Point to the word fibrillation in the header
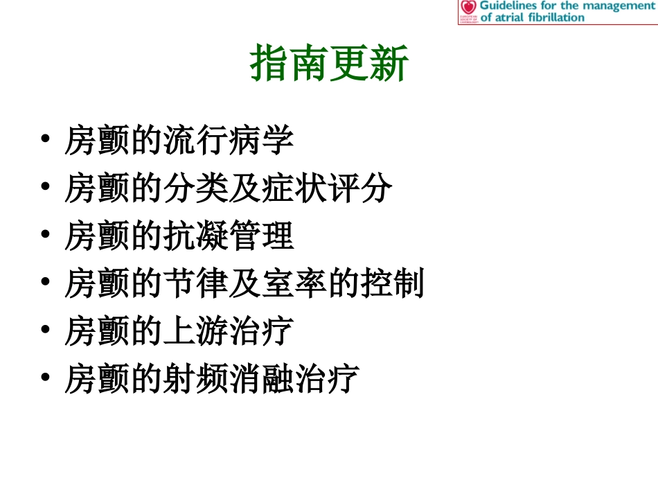(554, 17)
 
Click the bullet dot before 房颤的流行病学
(45, 141)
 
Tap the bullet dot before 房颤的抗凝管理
(45, 236)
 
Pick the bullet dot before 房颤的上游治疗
(45, 330)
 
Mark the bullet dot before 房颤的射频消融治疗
(45, 378)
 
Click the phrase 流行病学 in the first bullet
(229, 141)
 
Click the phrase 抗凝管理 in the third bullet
(229, 236)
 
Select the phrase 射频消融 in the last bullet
(229, 379)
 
